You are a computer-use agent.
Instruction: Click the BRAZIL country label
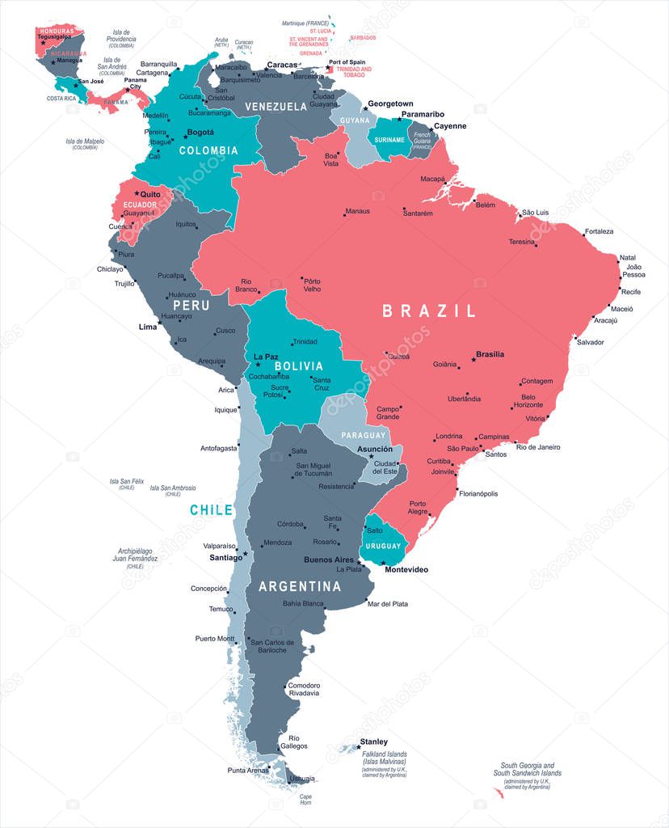click(x=429, y=310)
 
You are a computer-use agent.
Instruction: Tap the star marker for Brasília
click(x=473, y=359)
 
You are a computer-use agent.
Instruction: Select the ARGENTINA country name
click(x=300, y=586)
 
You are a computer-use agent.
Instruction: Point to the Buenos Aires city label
click(x=328, y=560)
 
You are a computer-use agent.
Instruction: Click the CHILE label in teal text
click(x=211, y=510)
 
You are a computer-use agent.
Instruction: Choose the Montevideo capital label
click(x=406, y=570)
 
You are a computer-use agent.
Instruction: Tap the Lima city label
click(x=148, y=327)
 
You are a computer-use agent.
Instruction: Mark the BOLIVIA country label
click(x=298, y=366)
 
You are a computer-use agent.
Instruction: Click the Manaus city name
click(x=357, y=211)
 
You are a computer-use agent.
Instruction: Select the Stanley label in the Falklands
click(x=373, y=741)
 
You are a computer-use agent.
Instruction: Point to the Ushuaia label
click(x=301, y=779)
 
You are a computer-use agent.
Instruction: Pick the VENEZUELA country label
click(x=276, y=107)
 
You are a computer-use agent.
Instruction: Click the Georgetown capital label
click(x=390, y=104)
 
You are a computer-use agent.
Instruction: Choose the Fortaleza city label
click(x=599, y=231)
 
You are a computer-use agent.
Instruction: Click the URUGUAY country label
click(x=383, y=546)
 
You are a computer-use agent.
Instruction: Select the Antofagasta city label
click(x=219, y=448)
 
